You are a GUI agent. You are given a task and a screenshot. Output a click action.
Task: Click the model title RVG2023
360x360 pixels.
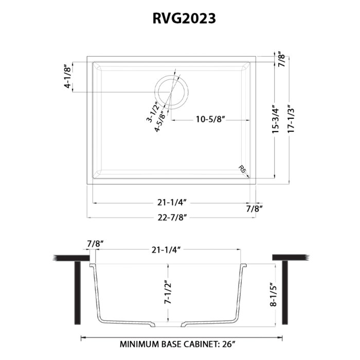[184, 19]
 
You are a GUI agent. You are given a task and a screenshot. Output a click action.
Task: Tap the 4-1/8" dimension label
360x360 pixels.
[68, 77]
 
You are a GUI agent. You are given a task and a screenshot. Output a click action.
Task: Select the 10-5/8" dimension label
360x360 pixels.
[210, 119]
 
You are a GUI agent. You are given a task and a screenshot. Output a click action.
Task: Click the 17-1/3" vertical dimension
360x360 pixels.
[291, 119]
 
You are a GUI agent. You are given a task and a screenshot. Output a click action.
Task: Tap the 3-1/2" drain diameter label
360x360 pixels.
[153, 112]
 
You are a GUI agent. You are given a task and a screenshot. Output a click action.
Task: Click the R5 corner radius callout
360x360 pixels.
[242, 169]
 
